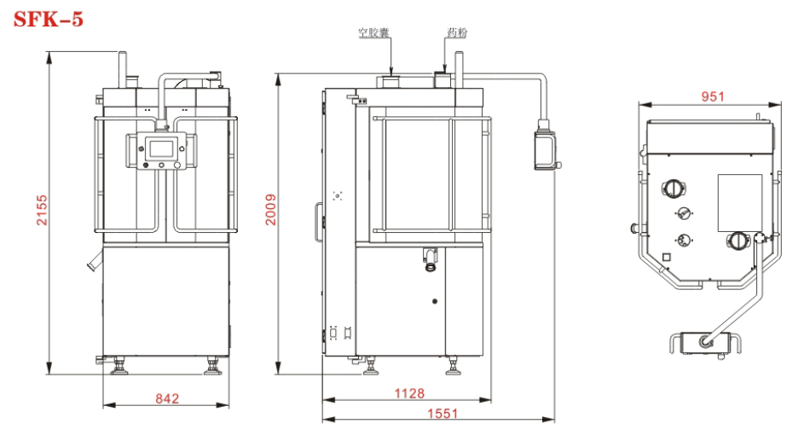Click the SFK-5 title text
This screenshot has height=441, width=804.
48,20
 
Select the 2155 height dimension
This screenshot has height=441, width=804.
42,210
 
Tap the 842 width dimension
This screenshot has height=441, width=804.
167,398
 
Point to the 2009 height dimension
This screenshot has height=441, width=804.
270,210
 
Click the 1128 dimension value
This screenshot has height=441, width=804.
409,393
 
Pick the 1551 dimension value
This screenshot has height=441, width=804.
442,414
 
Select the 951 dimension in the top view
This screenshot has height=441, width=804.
713,96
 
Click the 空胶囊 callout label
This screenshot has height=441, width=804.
373,32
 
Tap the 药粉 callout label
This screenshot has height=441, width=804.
457,32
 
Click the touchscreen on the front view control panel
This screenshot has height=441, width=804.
161,148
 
